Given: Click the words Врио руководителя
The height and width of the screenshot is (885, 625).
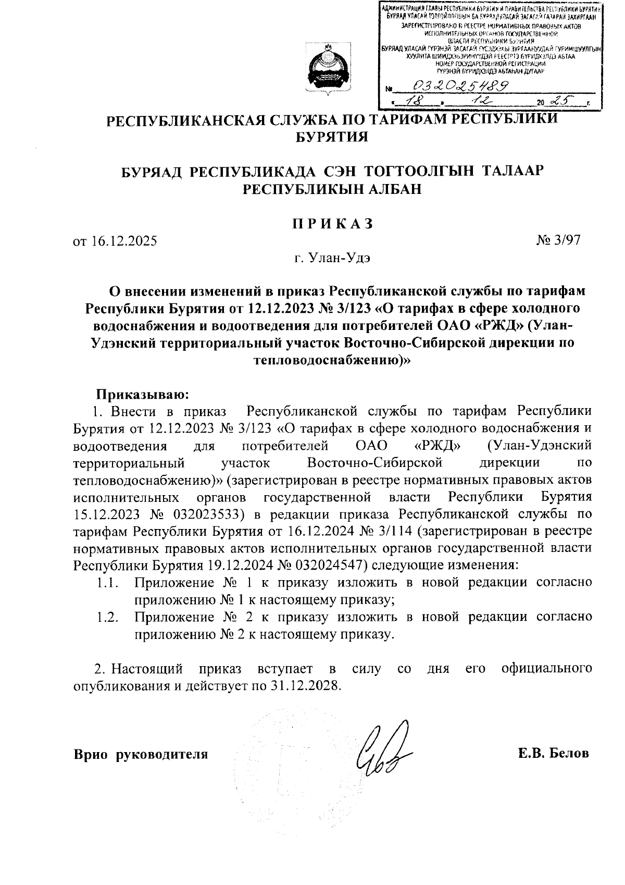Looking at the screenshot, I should [141, 754].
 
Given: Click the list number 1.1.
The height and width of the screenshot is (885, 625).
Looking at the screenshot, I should [108, 583].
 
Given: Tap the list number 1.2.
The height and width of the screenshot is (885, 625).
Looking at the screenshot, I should [108, 617].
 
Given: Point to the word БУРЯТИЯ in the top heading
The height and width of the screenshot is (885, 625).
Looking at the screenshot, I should [332, 137].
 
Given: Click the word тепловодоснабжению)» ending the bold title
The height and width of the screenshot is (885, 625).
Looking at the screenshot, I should [332, 360].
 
